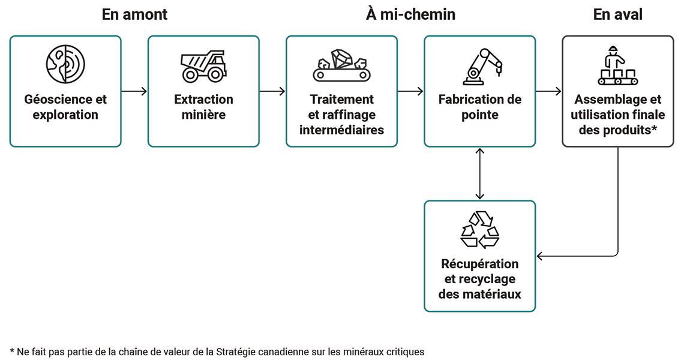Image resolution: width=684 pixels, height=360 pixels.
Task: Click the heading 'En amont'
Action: pos(134,15)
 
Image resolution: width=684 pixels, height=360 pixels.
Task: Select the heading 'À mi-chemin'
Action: pos(410,15)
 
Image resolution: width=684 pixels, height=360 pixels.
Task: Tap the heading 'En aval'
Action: pos(617,15)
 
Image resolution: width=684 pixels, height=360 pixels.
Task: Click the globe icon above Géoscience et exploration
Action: pos(65,64)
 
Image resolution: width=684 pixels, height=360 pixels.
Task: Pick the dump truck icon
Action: pos(203,65)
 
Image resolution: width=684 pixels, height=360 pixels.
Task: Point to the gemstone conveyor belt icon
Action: pos(341,65)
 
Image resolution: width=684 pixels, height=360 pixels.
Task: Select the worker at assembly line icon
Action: pos(617,65)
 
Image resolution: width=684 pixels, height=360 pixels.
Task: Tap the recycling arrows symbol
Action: pos(479,229)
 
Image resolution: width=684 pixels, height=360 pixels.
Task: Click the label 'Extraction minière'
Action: pos(203,107)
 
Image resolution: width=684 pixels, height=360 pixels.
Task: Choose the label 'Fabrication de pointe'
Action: pos(479,107)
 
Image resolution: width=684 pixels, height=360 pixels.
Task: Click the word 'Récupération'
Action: pos(479,264)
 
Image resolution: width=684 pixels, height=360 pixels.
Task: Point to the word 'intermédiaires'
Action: pos(341,130)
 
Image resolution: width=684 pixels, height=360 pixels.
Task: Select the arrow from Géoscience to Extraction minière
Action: pos(134,91)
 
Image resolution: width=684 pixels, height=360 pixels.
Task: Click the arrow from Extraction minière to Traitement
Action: pos(272,91)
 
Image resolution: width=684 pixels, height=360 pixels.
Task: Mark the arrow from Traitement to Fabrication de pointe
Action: pos(410,91)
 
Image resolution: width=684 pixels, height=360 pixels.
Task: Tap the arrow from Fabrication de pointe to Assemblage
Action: pos(548,91)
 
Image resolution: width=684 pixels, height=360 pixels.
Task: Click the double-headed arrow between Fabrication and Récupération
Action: pos(479,173)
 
